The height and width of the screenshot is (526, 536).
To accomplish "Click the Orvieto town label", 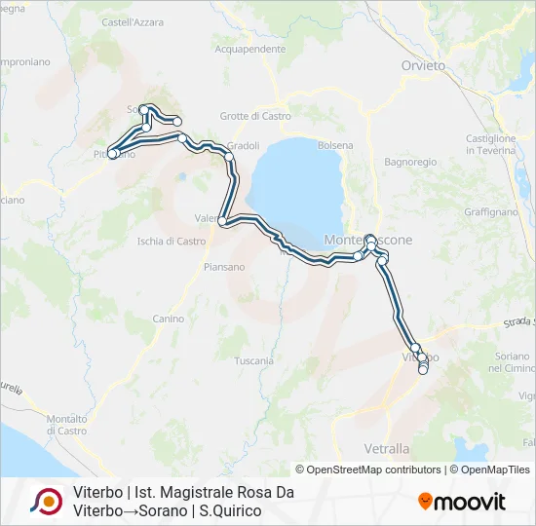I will tap(423, 65).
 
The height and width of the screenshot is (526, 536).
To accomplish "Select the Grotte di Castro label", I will tap(256, 116).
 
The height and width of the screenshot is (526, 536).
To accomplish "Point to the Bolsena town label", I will tap(336, 145).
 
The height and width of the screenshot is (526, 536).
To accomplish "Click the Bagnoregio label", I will tap(409, 161).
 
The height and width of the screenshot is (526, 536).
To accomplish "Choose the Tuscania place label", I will tap(253, 360).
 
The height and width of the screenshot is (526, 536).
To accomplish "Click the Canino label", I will tap(168, 319).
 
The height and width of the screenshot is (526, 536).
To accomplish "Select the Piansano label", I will tap(224, 266).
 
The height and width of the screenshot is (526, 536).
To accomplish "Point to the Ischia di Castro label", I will tap(172, 241).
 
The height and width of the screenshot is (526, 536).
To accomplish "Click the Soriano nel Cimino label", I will tap(512, 362).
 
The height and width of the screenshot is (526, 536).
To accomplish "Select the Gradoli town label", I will tap(243, 146).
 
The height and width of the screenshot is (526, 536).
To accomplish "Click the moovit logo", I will tap(463, 502).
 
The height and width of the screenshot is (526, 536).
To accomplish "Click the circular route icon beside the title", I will tap(46, 502).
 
